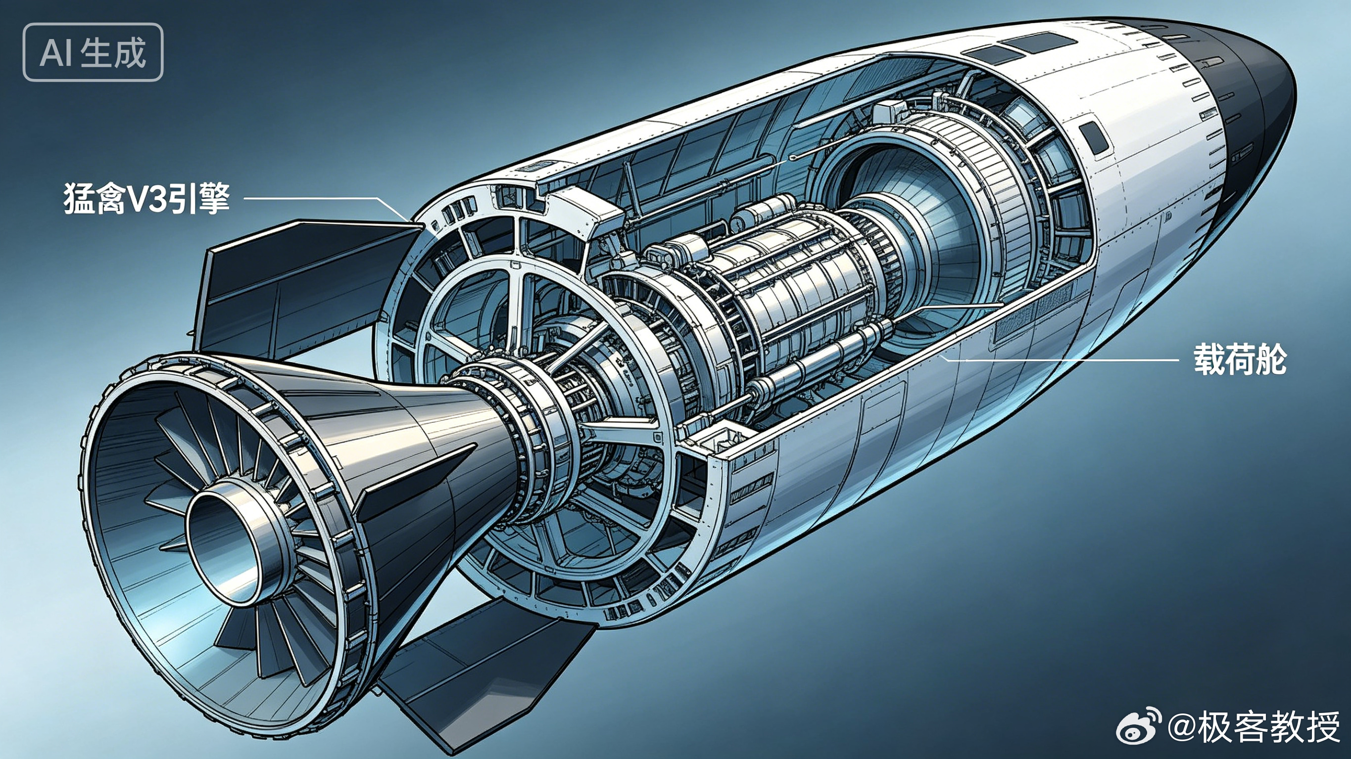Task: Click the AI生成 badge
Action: (93, 52)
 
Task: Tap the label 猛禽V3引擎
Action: (147, 198)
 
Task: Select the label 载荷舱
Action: (1240, 359)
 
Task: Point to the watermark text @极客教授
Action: (1254, 727)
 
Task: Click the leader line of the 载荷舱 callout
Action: (1060, 359)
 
